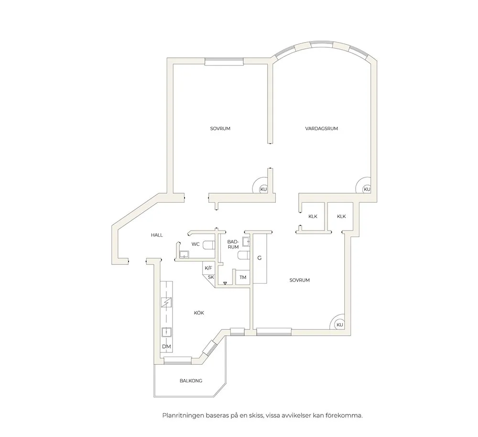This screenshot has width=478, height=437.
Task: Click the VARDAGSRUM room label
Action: click(x=321, y=129)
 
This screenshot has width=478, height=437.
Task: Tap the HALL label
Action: click(x=157, y=235)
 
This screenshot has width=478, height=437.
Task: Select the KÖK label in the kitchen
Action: click(x=199, y=313)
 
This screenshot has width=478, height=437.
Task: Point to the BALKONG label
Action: click(x=191, y=381)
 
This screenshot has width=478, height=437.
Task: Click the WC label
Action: click(x=196, y=244)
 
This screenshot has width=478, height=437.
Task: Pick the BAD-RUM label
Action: click(x=233, y=244)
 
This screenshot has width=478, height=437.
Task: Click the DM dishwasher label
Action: click(x=166, y=347)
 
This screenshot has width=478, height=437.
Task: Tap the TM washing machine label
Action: click(x=243, y=277)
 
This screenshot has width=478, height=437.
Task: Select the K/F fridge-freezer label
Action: click(x=208, y=268)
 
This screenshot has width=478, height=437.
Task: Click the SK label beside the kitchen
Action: click(x=211, y=277)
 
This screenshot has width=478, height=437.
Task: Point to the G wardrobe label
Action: click(x=260, y=258)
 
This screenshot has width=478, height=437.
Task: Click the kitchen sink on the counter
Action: click(x=166, y=332)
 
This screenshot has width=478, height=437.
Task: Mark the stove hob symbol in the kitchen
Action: click(x=166, y=302)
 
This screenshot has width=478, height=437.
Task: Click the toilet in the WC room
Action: click(x=209, y=245)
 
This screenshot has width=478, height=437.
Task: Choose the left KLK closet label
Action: click(x=313, y=216)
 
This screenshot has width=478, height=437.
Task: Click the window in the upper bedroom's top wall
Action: click(x=224, y=61)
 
